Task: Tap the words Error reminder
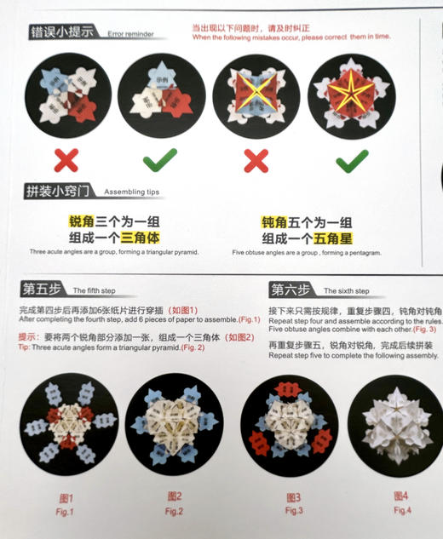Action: (131, 35)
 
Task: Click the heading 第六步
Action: (291, 288)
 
